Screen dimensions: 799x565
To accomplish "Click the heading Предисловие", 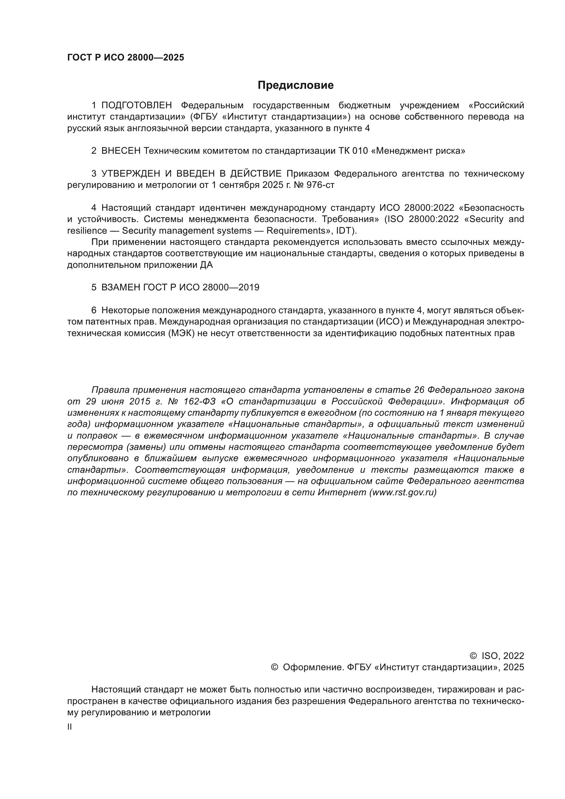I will pos(295,85).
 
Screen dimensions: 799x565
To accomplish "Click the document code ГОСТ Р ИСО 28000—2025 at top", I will pos(126,58).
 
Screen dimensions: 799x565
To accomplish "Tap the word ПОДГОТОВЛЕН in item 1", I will pos(136,106).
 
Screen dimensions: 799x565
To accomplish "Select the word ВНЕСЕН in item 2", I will pos(121,151).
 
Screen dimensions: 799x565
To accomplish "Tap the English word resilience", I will pos(87,231).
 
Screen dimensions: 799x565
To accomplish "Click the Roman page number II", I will pos(70,727).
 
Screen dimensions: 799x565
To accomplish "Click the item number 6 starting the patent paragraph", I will pos(94,311).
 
